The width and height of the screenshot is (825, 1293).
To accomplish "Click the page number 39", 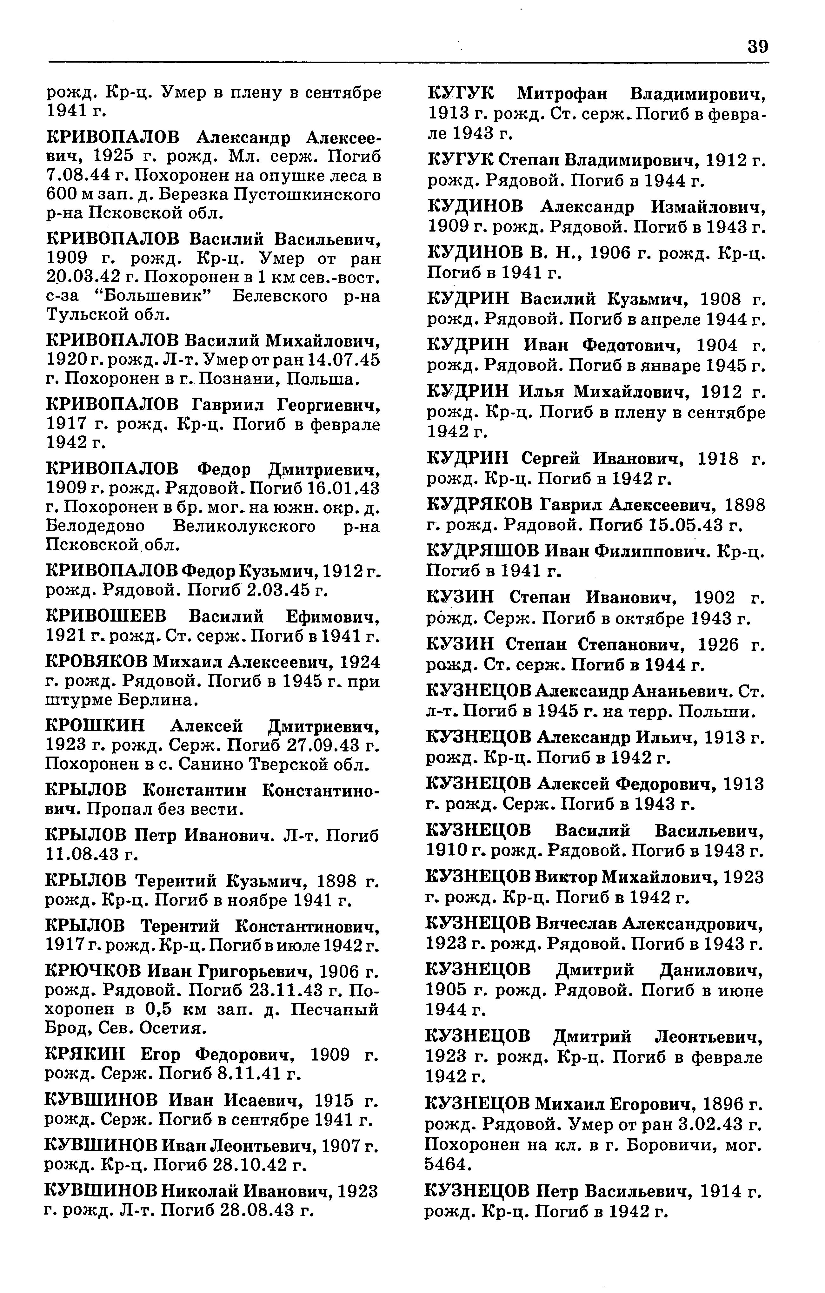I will [757, 47].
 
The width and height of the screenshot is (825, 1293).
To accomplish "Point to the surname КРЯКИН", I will [86, 1054].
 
